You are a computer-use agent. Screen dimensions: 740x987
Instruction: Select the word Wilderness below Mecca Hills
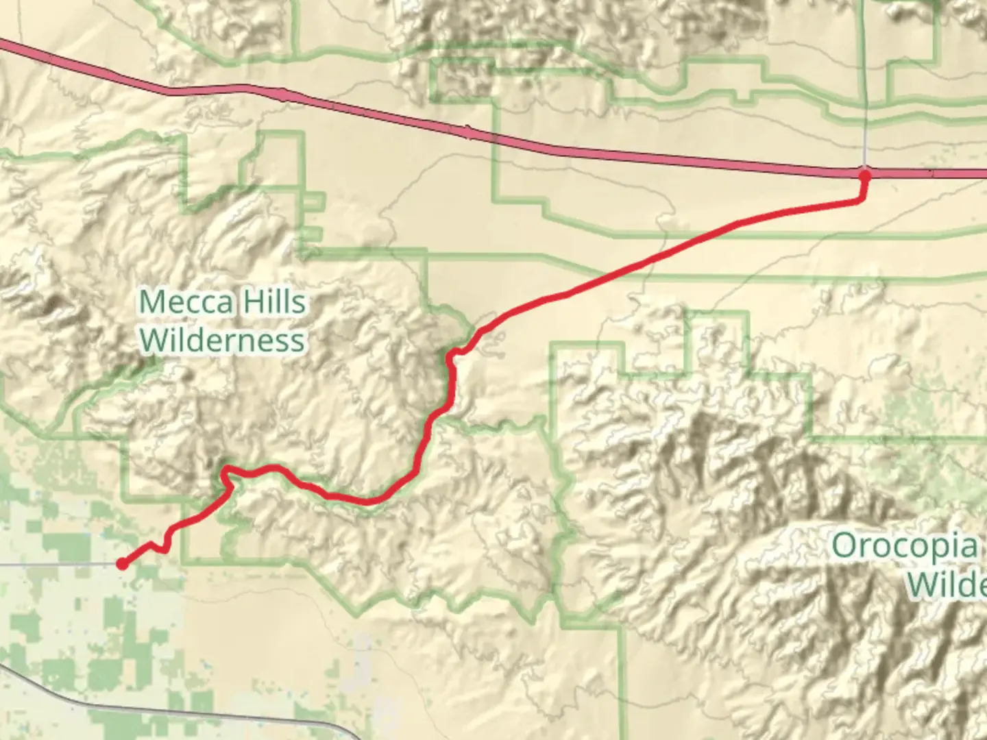[223, 340]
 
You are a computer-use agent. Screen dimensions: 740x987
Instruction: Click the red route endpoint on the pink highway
[864, 175]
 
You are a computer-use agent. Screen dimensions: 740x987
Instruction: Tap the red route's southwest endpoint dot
[122, 564]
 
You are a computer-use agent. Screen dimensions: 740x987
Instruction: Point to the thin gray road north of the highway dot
[865, 82]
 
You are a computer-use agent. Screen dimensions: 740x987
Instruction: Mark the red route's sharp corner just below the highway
[861, 200]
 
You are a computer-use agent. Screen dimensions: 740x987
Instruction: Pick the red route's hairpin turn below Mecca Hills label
[226, 471]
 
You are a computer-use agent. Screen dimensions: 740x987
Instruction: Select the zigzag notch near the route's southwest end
[164, 547]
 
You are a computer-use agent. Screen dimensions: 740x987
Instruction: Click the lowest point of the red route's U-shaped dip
[367, 501]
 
